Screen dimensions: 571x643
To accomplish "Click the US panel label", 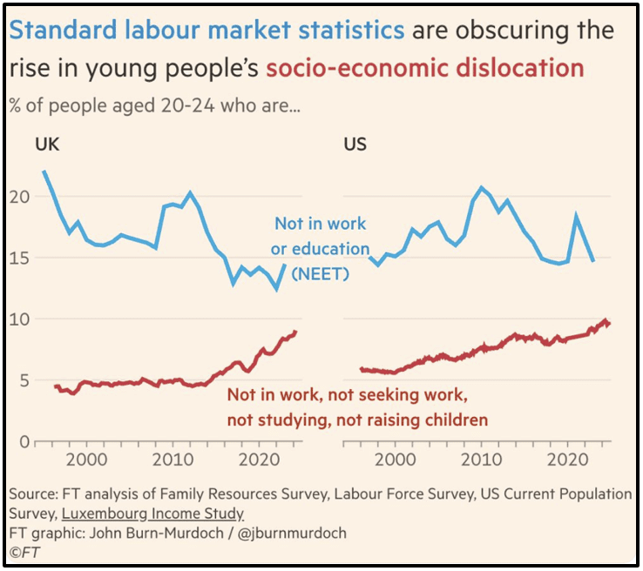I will pyautogui.click(x=355, y=144).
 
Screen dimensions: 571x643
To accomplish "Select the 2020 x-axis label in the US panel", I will pyautogui.click(x=568, y=459).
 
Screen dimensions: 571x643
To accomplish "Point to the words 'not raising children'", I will pyautogui.click(x=417, y=420).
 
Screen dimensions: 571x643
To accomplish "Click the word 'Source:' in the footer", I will pyautogui.click(x=34, y=494).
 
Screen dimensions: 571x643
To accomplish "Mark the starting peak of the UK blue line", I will pyautogui.click(x=44, y=171).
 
